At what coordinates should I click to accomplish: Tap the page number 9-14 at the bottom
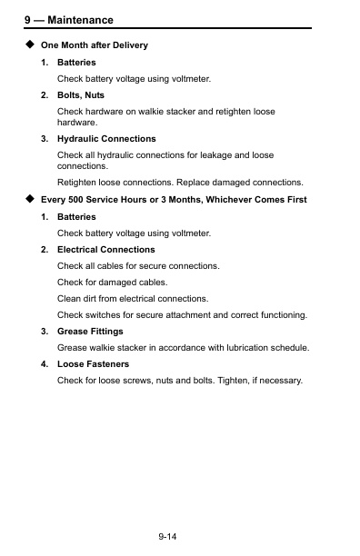(166, 538)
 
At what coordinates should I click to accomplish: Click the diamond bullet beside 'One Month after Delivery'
(30, 44)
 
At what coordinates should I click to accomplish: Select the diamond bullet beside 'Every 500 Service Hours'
(30, 199)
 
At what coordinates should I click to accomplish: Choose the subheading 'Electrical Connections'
(105, 249)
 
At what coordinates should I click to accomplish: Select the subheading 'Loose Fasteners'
(93, 364)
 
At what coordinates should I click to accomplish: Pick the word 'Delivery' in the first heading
(129, 45)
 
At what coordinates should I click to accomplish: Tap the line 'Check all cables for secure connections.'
(138, 265)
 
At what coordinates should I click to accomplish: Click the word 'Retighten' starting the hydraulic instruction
(77, 183)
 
